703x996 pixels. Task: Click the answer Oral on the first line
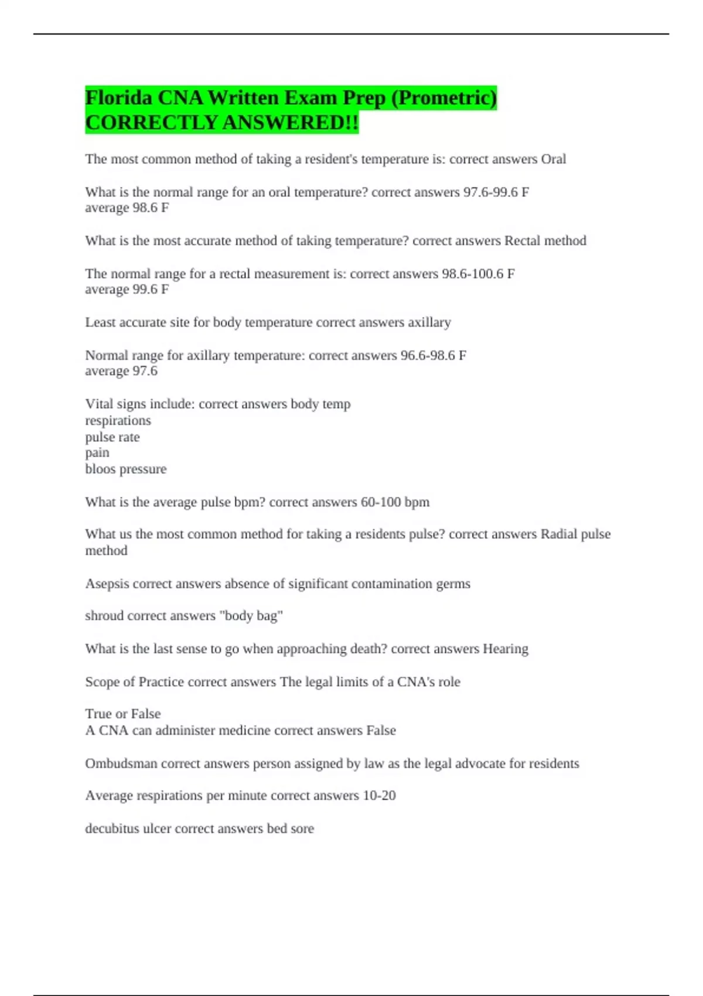tap(553, 159)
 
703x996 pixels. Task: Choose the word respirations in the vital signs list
tap(118, 421)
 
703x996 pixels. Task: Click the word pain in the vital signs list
tap(97, 453)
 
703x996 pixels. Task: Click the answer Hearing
tap(505, 649)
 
